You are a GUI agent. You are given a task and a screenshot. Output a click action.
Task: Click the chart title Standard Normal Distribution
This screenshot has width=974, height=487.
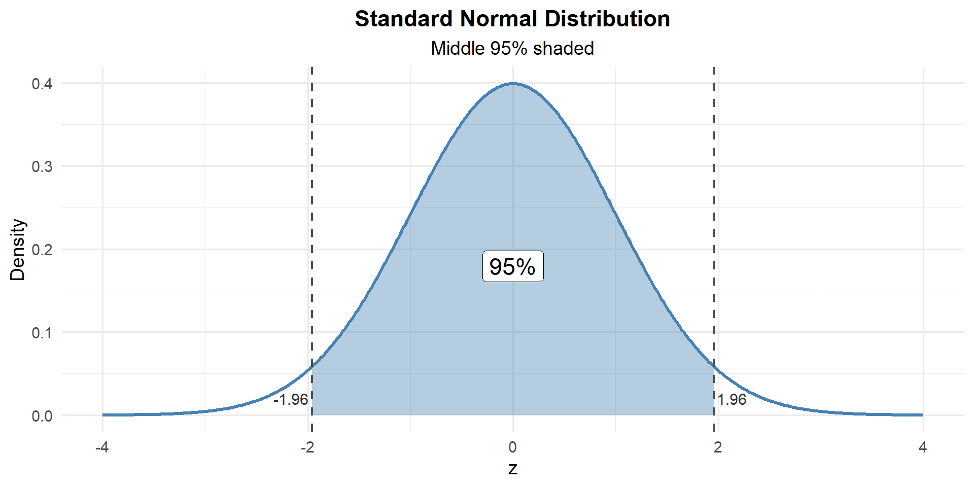(512, 19)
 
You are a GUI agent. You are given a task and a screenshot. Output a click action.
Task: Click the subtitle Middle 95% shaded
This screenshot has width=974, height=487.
(512, 49)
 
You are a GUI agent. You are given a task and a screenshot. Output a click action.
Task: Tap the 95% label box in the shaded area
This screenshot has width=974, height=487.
(512, 266)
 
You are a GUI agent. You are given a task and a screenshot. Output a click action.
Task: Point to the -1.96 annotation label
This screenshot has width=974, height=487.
(291, 400)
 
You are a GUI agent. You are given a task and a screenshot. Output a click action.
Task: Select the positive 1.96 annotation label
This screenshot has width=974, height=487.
(732, 400)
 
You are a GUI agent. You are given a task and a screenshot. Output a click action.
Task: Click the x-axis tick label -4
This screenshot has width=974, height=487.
(102, 447)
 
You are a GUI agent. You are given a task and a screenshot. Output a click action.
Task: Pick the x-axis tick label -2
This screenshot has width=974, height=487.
(307, 447)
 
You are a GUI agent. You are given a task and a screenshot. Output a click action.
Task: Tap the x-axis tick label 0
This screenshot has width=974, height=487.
(513, 447)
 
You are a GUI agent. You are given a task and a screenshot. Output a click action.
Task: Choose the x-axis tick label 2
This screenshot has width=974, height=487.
(718, 447)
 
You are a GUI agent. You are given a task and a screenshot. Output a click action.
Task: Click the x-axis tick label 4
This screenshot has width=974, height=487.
(923, 447)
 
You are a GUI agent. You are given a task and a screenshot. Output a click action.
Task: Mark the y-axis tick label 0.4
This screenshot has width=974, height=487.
(42, 84)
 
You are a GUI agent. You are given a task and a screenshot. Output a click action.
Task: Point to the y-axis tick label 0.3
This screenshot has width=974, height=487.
(42, 167)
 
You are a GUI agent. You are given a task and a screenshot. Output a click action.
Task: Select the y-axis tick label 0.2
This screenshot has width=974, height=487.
(42, 250)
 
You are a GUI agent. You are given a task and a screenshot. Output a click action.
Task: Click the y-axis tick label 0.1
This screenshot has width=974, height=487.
(42, 333)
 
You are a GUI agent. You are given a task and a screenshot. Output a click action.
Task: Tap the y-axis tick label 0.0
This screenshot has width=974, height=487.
(42, 416)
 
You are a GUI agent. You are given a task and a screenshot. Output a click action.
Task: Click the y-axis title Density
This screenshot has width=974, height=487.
(18, 250)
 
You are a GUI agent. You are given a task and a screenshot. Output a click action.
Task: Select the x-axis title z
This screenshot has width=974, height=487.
(513, 468)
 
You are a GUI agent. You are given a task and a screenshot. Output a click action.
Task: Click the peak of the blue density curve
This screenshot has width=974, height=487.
(513, 84)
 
